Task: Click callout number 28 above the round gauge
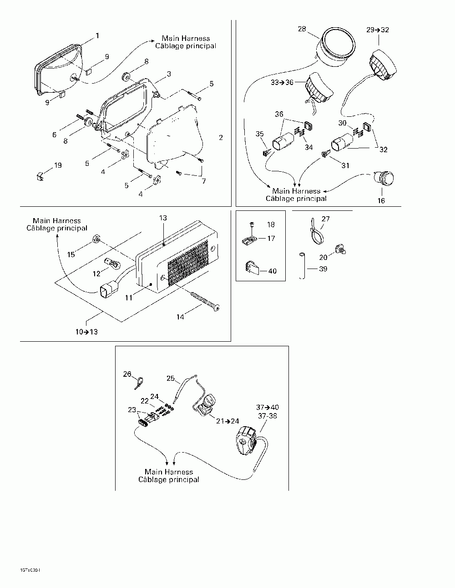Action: coord(302,29)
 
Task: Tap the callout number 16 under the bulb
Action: coord(381,200)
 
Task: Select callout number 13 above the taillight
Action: coord(163,219)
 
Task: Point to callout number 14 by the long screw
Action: coord(181,317)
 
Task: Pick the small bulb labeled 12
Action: coord(110,262)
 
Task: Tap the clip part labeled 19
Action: coord(40,174)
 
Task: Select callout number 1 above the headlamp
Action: coord(97,35)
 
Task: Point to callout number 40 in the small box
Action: coord(272,271)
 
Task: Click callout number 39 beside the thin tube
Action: coord(323,269)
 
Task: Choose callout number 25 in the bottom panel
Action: coord(171,378)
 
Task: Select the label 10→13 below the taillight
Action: coord(87,332)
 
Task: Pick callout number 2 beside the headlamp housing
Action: coord(221,137)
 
